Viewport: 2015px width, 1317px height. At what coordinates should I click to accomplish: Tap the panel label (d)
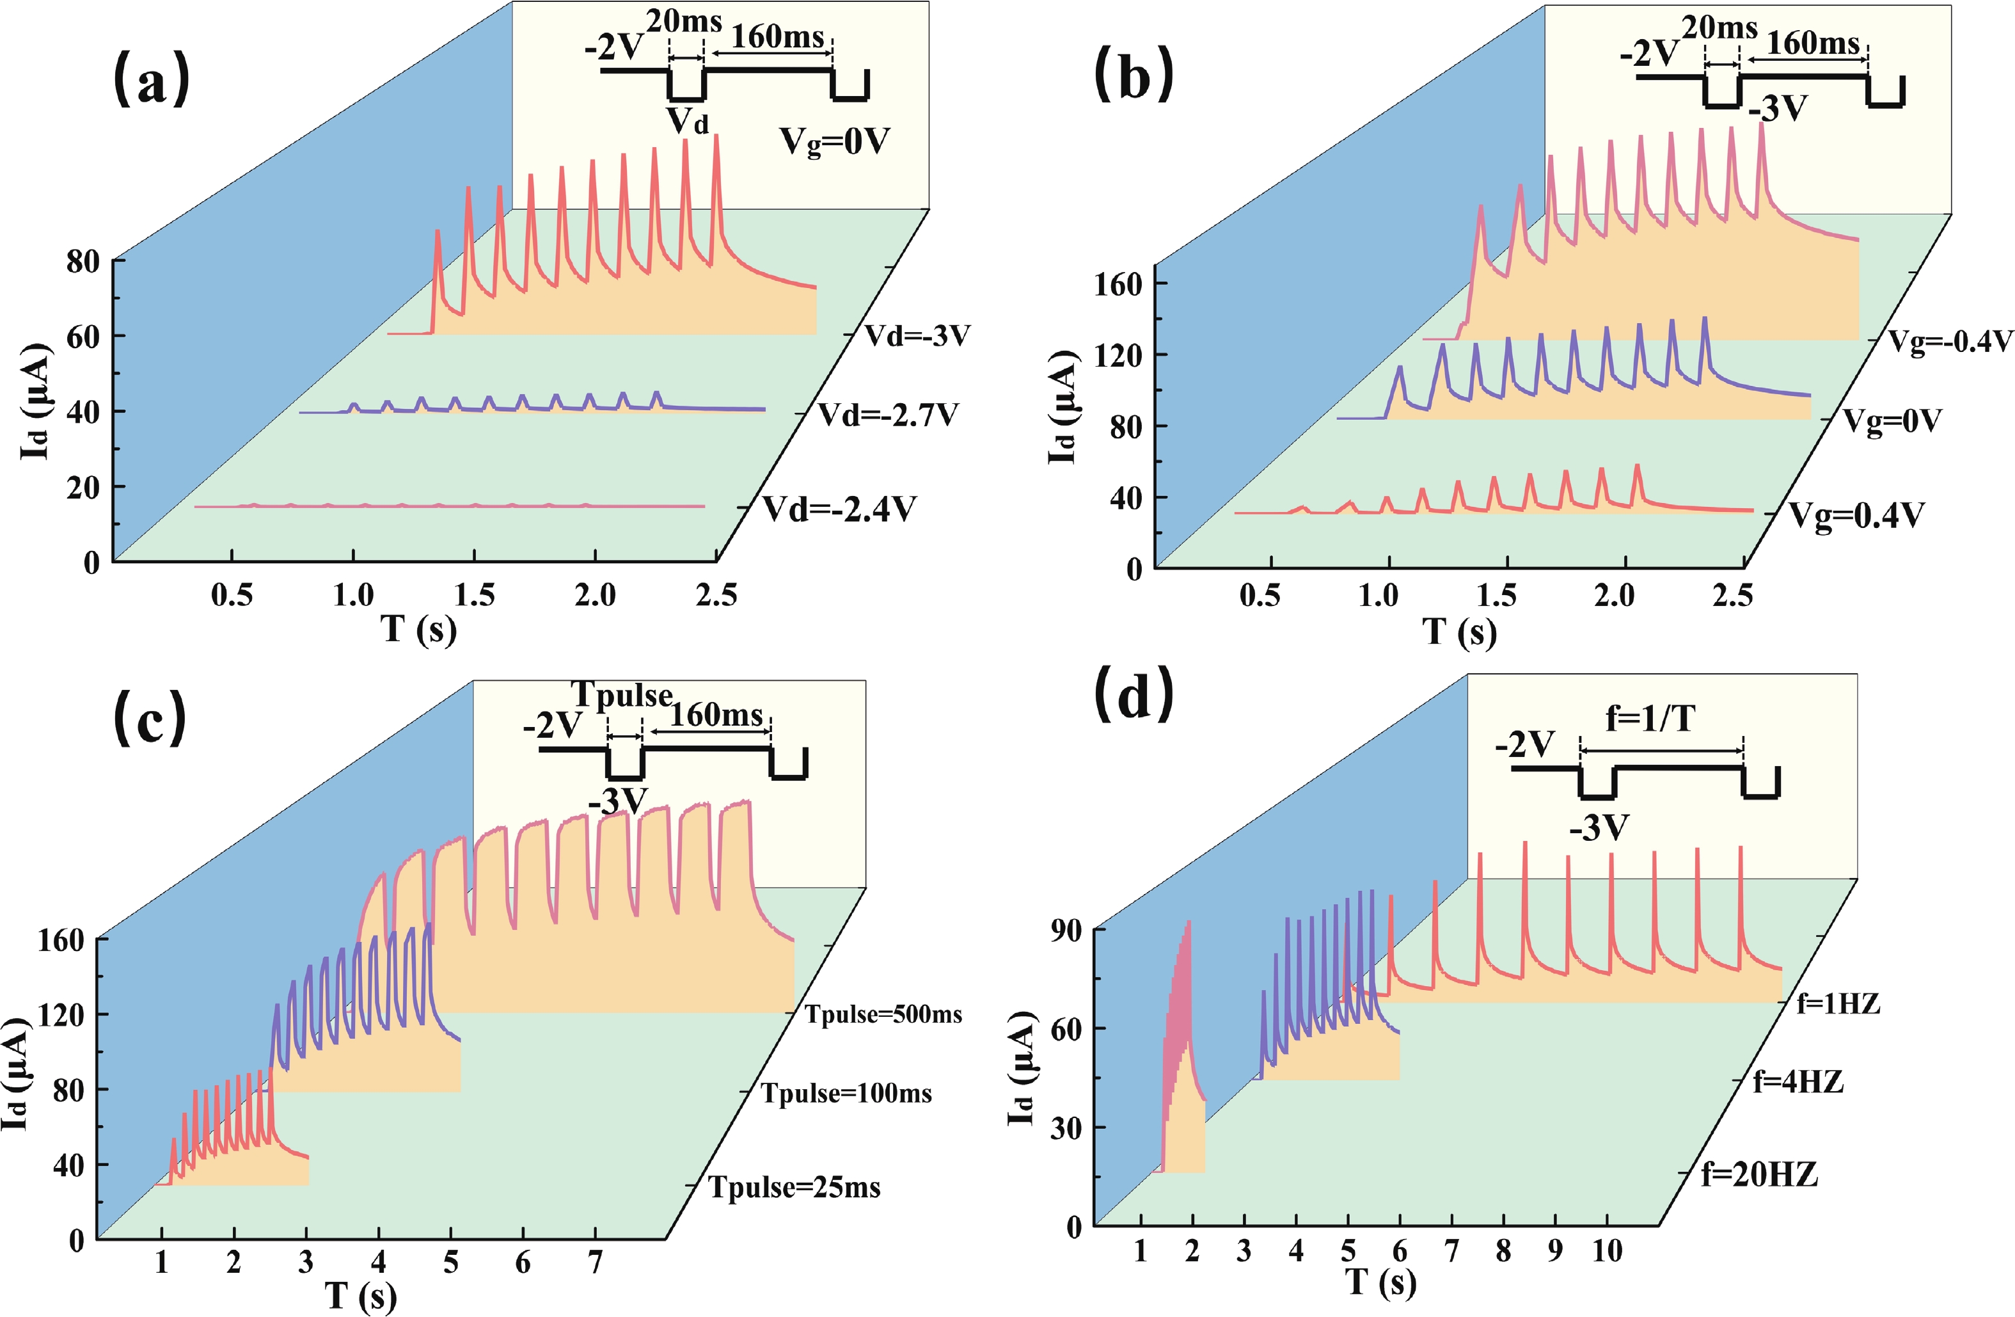point(1135,694)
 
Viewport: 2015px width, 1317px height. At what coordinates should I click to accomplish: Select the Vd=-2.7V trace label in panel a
point(888,416)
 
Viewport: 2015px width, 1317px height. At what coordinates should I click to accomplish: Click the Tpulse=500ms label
point(883,1015)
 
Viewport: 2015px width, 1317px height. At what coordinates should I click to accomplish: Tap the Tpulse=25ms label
point(794,1188)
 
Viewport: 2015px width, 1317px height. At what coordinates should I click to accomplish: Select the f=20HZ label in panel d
point(1759,1175)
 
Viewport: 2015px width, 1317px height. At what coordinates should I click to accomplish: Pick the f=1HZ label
point(1838,1005)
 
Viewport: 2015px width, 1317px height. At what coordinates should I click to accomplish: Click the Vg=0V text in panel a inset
point(834,141)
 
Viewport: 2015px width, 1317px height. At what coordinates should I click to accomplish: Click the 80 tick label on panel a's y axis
point(83,262)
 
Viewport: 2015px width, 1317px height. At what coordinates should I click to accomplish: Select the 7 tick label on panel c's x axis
point(596,1263)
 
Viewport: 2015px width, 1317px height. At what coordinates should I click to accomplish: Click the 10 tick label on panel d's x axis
point(1606,1251)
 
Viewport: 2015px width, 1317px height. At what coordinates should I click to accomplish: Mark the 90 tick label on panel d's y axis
point(1064,930)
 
